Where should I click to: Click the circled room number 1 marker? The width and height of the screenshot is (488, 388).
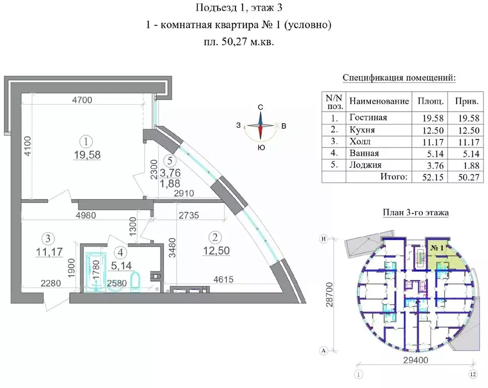coord(88,141)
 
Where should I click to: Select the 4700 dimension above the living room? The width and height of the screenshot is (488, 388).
coord(82,100)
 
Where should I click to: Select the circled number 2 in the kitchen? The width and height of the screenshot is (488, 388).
coord(216,236)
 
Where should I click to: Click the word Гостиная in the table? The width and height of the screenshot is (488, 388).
coord(368,117)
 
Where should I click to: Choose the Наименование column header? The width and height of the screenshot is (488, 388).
coord(379,101)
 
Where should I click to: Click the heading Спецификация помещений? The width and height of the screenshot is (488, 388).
coord(399,78)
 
